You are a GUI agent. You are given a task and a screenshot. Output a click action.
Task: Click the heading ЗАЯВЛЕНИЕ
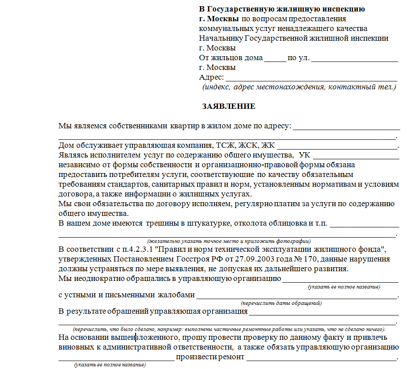coord(229,107)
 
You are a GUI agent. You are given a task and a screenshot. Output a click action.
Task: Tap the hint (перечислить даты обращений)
coord(281,304)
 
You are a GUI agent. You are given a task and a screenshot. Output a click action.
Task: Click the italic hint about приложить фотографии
coord(229,241)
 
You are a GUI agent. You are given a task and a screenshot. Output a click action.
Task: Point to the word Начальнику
coord(221,38)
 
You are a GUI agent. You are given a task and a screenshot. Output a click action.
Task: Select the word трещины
coord(161,223)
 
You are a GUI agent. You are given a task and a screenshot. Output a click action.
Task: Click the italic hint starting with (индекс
coord(299,87)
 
